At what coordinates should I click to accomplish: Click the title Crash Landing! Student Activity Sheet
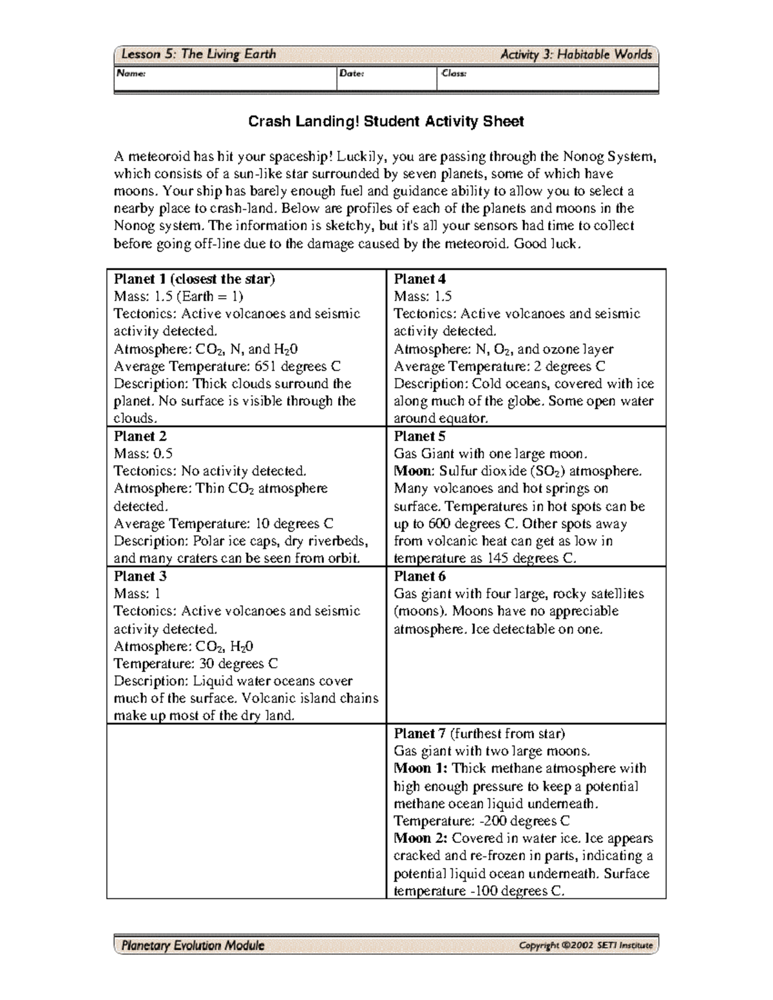click(x=386, y=122)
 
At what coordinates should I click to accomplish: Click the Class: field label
click(x=453, y=73)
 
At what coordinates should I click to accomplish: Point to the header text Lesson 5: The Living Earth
click(x=199, y=55)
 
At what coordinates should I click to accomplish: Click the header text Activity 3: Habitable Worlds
click(x=576, y=55)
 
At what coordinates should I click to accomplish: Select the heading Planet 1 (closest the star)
click(x=194, y=279)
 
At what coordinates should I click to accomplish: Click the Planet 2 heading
click(x=140, y=436)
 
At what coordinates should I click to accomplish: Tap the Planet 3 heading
click(x=140, y=576)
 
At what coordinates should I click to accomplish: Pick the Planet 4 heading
click(x=419, y=279)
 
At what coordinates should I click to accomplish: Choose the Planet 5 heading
click(x=419, y=436)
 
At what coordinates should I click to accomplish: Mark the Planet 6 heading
click(x=419, y=576)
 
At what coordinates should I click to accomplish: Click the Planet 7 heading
click(x=419, y=733)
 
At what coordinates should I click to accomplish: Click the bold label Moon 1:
click(x=421, y=768)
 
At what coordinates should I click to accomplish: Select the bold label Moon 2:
click(x=421, y=838)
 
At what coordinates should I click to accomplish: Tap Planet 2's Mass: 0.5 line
click(x=143, y=453)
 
